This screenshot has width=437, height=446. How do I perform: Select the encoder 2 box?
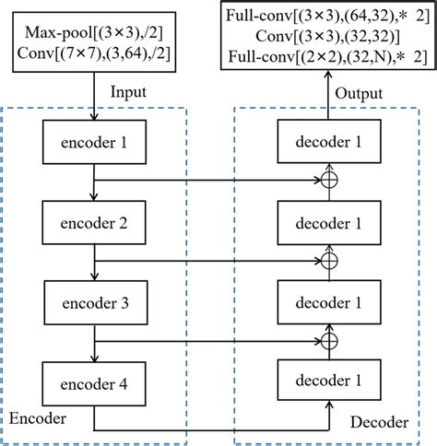tap(92, 223)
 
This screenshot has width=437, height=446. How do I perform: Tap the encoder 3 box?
tap(92, 303)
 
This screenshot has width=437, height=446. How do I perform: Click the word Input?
tap(129, 93)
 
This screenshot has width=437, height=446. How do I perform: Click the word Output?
tap(359, 93)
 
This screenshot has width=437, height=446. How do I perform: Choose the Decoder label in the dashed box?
tap(379, 422)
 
